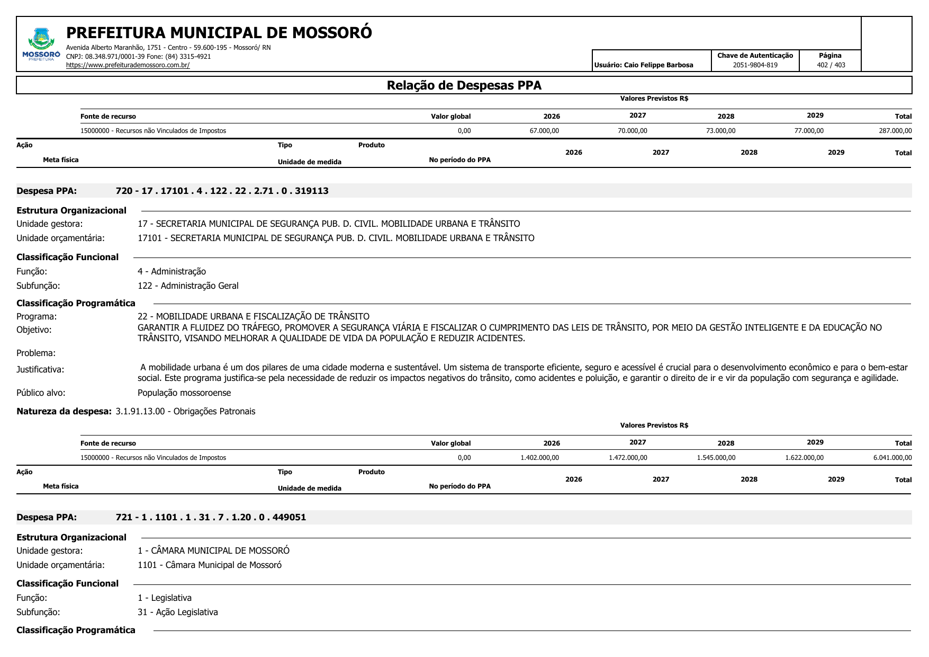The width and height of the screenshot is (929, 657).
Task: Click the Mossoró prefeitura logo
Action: [41, 45]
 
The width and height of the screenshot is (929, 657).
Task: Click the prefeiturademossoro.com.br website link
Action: [128, 65]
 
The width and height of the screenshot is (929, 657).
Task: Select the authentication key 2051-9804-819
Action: [755, 65]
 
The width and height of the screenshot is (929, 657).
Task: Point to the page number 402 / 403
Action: [831, 65]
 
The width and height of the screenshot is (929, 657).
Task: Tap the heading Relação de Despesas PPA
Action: [464, 85]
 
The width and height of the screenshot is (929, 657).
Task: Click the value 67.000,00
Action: [544, 131]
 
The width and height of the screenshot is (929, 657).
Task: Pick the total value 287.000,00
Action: [895, 131]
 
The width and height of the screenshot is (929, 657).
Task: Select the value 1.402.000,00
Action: [539, 458]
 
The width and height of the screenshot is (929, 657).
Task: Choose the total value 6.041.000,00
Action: [892, 458]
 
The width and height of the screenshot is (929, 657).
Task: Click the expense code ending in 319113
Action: [222, 191]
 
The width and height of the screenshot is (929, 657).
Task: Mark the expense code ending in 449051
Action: [211, 517]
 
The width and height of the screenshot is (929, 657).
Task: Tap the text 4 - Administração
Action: [172, 271]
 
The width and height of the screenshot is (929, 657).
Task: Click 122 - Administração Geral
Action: [188, 286]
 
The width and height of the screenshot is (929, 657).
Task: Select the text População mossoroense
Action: [184, 393]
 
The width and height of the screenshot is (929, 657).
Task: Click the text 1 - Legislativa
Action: [165, 598]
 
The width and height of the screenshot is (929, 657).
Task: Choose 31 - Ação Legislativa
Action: [178, 612]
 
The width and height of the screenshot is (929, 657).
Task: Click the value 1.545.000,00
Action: [716, 458]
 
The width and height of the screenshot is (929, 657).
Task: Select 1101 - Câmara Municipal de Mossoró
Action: [210, 565]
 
